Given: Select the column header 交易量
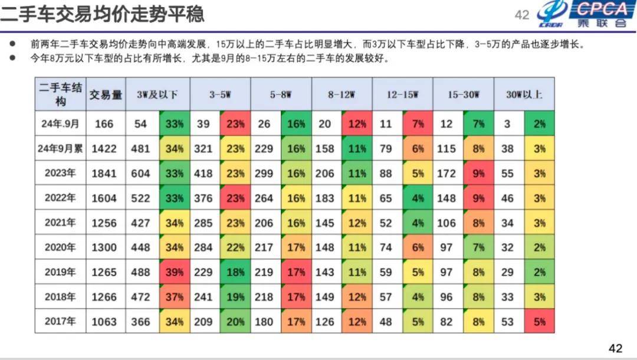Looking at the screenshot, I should [x=106, y=94].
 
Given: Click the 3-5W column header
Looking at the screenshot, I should [x=219, y=94].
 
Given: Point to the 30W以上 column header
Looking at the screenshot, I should [x=524, y=94].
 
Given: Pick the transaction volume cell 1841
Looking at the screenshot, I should [x=104, y=174].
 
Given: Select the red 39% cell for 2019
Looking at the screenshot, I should [x=175, y=273].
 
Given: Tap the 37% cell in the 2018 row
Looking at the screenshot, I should [x=175, y=297].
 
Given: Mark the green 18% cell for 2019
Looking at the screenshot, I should [x=236, y=273].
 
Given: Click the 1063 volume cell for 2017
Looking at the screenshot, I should [x=104, y=322].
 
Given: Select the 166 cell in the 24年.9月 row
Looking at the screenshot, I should [x=104, y=124].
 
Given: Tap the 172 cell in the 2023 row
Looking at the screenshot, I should [x=446, y=174].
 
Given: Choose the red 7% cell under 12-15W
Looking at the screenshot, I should [x=418, y=124].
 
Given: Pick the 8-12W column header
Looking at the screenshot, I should [x=342, y=94].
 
